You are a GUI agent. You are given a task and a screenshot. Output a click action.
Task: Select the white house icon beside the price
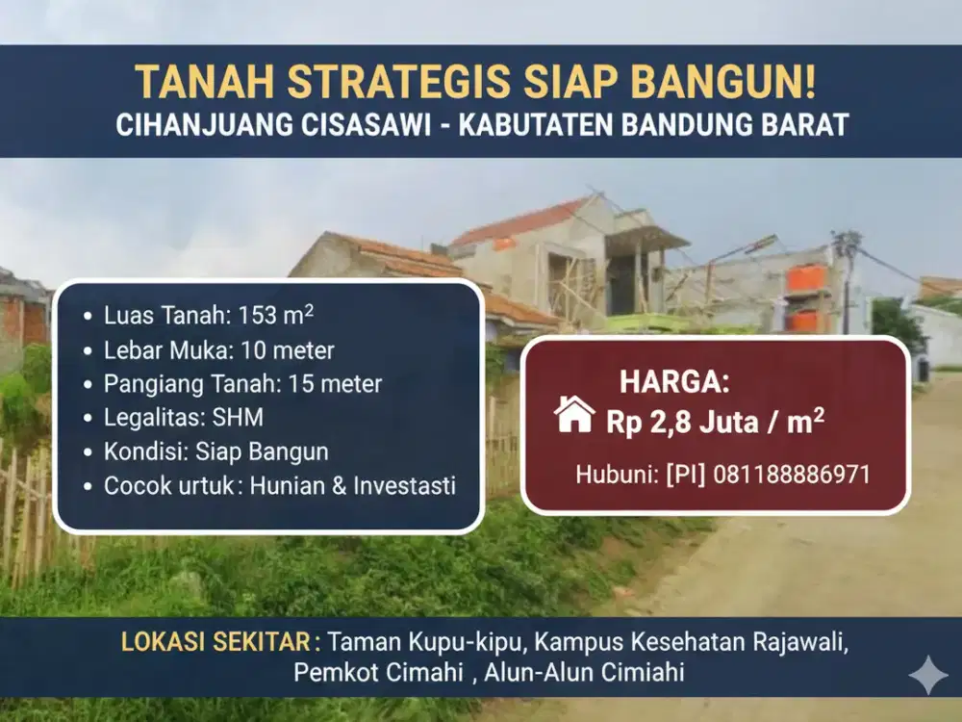[574, 415]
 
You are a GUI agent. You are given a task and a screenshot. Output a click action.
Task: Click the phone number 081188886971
[792, 475]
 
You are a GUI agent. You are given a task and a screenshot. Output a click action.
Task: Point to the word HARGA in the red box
[673, 382]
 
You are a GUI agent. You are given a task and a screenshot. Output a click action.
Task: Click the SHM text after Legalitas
[239, 418]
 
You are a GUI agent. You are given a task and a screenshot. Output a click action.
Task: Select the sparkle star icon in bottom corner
[927, 675]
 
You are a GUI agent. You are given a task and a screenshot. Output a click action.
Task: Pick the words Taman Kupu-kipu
[428, 642]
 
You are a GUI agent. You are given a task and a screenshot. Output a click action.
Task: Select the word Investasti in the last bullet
[403, 486]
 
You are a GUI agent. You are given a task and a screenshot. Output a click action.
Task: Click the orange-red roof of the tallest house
[519, 222]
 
